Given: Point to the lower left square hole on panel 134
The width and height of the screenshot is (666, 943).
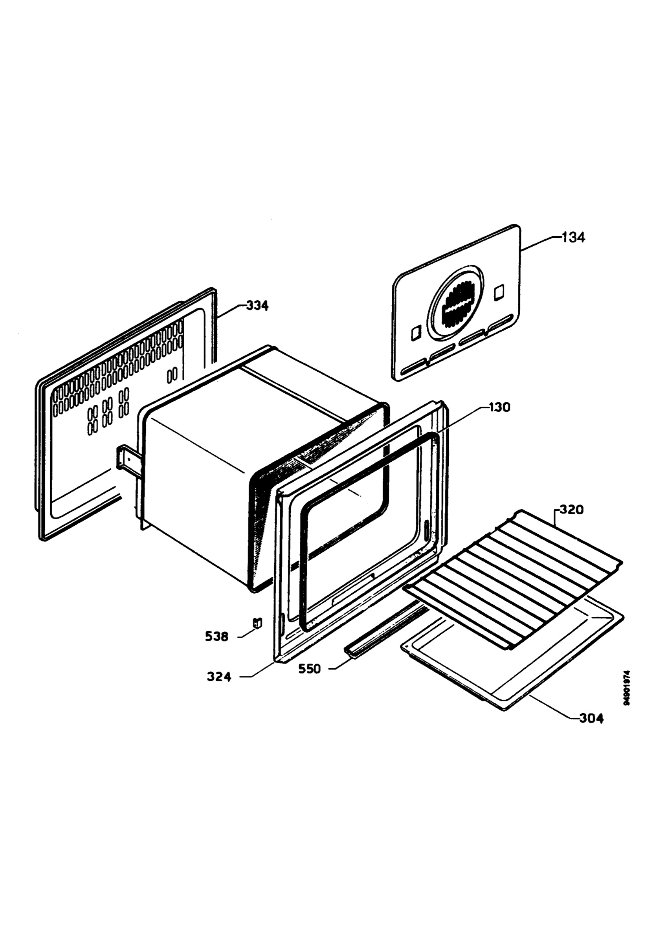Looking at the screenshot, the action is coord(416,333).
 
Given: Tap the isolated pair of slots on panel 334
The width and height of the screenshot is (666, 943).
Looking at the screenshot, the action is coord(173,374).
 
